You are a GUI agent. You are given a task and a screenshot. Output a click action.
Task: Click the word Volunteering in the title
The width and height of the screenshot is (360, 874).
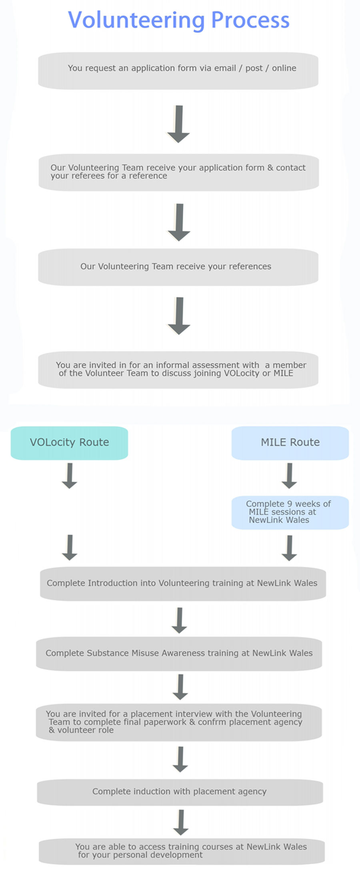[136, 20]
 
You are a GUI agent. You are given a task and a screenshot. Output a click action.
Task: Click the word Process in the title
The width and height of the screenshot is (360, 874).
[250, 20]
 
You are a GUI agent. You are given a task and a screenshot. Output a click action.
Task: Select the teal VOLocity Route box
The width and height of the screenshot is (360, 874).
[69, 442]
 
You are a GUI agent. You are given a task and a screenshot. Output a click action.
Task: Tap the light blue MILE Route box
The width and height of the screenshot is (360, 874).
[290, 442]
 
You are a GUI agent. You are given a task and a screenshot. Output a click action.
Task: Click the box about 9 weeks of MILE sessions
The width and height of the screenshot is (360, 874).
[290, 512]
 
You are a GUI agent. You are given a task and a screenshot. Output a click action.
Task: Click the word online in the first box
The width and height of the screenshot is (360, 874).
[284, 68]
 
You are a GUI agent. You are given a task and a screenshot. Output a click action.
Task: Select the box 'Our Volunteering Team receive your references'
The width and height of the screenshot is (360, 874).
[178, 267]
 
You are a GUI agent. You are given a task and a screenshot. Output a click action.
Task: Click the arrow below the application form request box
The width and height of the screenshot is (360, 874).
[178, 124]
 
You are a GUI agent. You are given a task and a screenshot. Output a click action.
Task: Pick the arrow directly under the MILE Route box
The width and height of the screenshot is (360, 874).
[289, 476]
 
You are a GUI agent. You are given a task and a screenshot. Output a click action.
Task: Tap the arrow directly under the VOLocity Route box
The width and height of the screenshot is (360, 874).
[70, 476]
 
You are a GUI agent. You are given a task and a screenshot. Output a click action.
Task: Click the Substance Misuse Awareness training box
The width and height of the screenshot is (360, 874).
[179, 653]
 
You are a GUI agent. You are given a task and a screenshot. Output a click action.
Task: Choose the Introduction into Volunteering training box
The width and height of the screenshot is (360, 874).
[182, 583]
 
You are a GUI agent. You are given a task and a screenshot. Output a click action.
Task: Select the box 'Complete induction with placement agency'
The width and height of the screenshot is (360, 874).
[180, 792]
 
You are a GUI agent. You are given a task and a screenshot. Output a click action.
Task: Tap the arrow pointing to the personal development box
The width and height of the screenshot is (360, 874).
[181, 822]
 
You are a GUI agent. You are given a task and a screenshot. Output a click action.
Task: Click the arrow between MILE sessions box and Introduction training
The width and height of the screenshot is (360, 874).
[289, 548]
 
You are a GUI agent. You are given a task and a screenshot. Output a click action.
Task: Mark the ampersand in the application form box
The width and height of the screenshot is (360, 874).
[270, 168]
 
